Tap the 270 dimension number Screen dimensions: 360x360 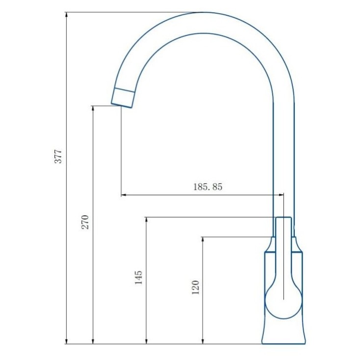pyautogui.click(x=85, y=222)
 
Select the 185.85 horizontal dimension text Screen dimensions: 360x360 pyautogui.click(x=208, y=187)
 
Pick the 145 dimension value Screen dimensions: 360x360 pyautogui.click(x=138, y=278)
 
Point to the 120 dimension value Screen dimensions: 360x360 pyautogui.click(x=195, y=287)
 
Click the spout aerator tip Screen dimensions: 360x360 pyautogui.click(x=122, y=98)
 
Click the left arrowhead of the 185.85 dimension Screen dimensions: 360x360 pyautogui.click(x=124, y=195)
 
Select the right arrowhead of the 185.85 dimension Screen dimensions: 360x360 pyautogui.click(x=281, y=195)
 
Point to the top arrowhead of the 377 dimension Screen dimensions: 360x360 pyautogui.click(x=66, y=15)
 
